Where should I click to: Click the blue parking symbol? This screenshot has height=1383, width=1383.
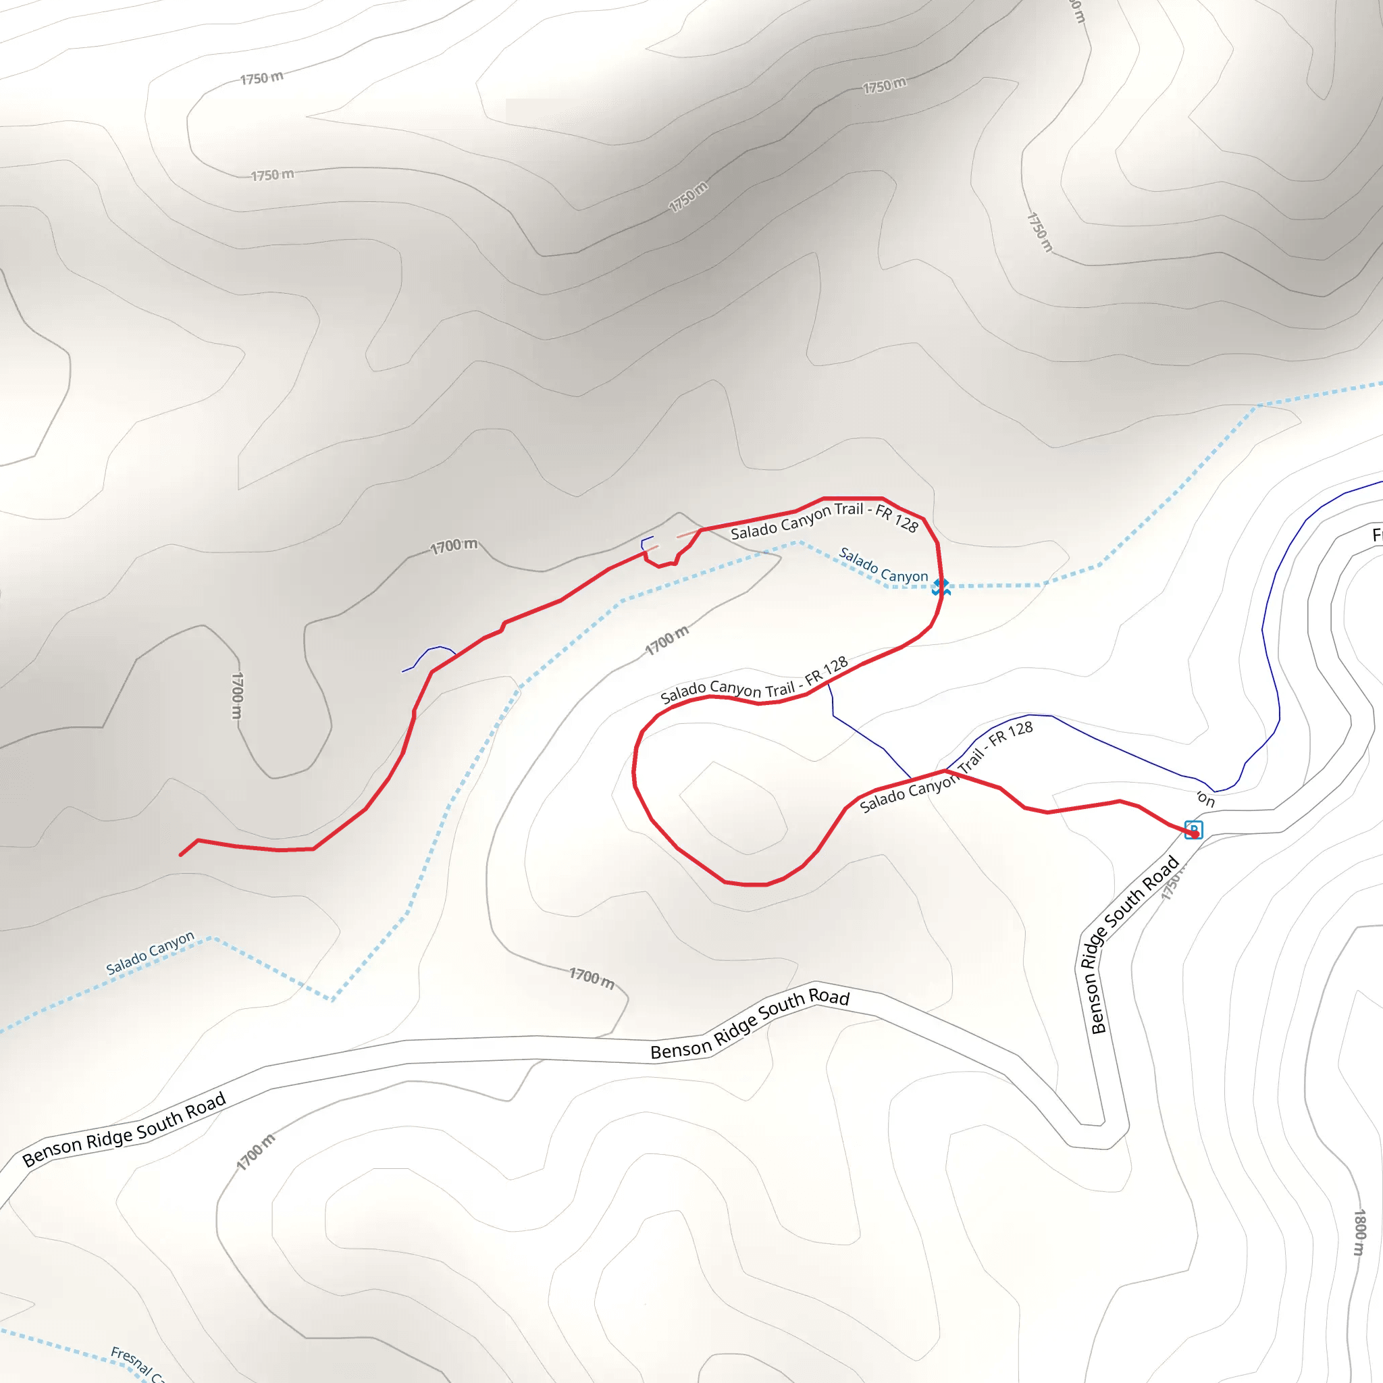point(1193,830)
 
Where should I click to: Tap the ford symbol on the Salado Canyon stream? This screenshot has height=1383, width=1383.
point(941,587)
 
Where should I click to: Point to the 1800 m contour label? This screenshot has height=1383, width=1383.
point(1359,1232)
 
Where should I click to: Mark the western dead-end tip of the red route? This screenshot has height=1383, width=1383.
point(180,855)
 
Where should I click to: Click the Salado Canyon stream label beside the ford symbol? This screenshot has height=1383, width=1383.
point(883,565)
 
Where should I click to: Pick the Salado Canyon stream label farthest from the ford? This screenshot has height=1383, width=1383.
point(150,953)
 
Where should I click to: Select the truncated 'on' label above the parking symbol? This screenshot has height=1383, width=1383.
point(1206,799)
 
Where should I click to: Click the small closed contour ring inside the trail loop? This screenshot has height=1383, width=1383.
point(733,808)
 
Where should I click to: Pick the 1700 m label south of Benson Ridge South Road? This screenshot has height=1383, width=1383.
point(255,1152)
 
